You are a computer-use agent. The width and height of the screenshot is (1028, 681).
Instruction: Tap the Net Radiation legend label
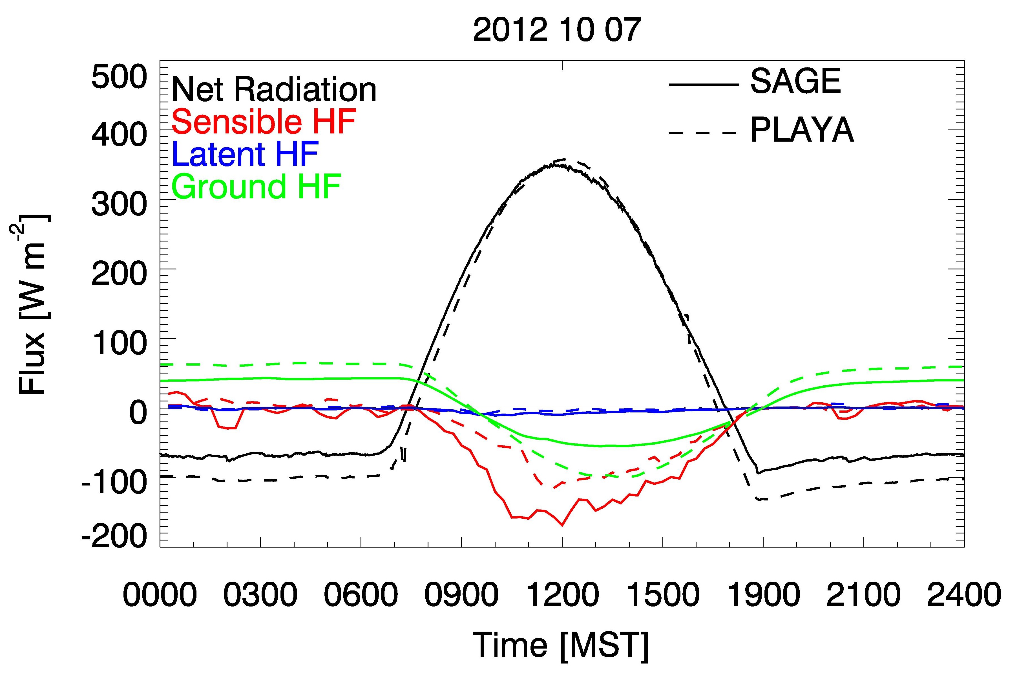pyautogui.click(x=274, y=90)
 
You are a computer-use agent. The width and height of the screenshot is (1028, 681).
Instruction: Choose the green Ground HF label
pyautogui.click(x=257, y=186)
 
